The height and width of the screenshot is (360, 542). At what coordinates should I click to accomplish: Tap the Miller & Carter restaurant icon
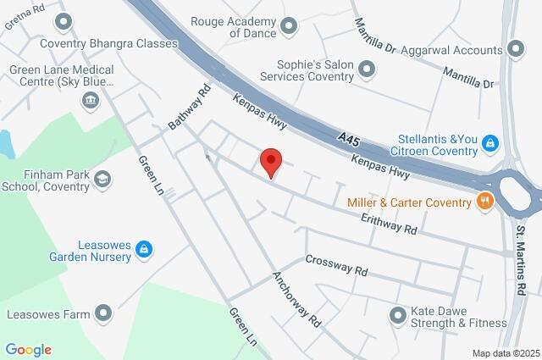(x=485, y=202)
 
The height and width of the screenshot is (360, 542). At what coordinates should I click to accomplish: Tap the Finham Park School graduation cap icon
(x=102, y=179)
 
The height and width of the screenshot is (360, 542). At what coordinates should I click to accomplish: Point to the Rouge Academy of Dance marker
(x=289, y=26)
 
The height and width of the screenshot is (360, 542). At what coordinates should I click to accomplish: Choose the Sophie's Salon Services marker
(x=367, y=69)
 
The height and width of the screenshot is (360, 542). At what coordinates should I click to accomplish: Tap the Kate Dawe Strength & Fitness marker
(x=397, y=316)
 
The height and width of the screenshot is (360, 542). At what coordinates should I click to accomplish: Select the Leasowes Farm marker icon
(x=103, y=314)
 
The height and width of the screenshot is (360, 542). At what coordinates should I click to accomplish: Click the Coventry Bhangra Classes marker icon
(x=62, y=21)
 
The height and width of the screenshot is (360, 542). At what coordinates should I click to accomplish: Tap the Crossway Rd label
(x=336, y=266)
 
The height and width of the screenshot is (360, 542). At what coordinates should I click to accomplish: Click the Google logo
(x=28, y=350)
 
